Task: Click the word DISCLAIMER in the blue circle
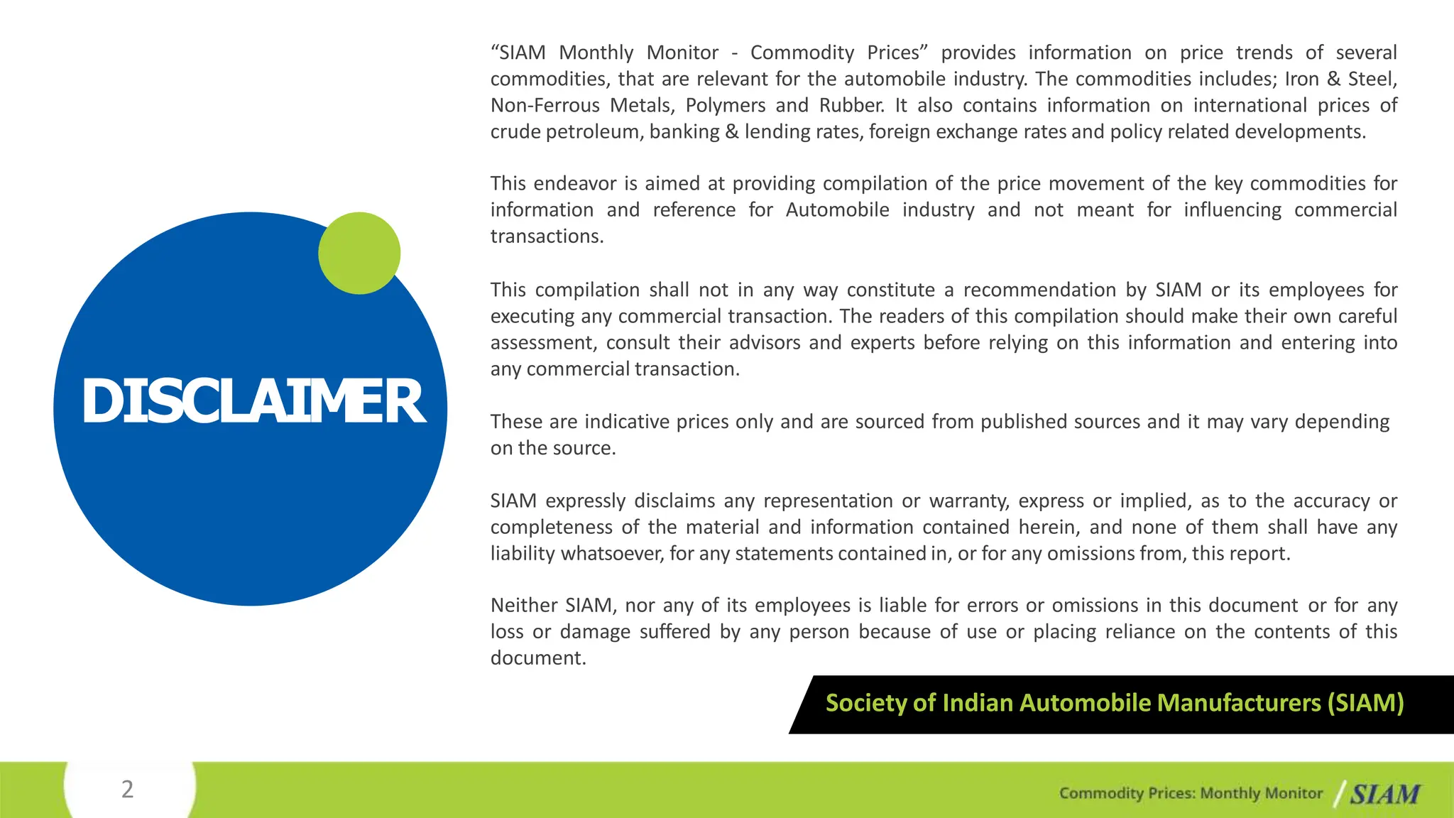(253, 401)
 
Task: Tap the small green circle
(359, 253)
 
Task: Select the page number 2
(127, 789)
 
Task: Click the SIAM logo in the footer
(1384, 794)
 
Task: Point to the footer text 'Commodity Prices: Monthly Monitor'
(1191, 793)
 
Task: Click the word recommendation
(1037, 290)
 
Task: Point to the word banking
(684, 132)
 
